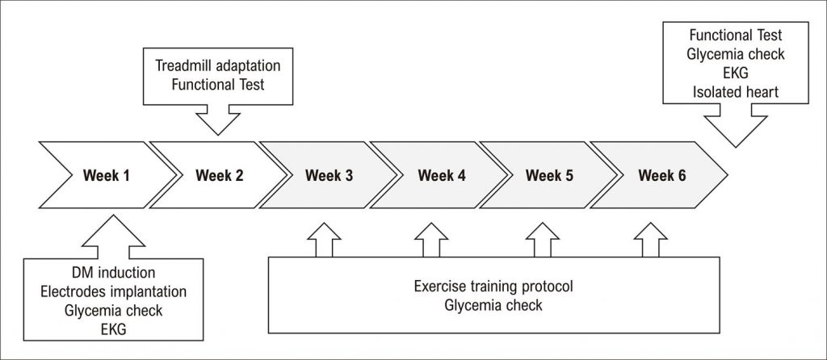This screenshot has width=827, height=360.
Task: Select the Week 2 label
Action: click(220, 175)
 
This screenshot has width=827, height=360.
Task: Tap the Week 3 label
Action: click(330, 175)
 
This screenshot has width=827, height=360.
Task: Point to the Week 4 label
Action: click(442, 175)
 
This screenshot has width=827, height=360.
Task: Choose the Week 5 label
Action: click(549, 175)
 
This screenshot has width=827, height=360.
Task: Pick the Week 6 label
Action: click(662, 175)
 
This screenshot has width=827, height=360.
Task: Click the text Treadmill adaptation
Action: click(218, 66)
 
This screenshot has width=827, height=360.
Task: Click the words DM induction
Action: click(113, 273)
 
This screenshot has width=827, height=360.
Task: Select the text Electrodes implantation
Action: click(113, 291)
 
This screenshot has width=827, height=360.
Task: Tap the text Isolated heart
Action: click(736, 91)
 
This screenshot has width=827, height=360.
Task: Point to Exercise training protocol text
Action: click(493, 287)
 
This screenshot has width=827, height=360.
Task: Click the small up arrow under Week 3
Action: click(324, 241)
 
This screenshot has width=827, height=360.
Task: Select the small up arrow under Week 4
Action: click(431, 241)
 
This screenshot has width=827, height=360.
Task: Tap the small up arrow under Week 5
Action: click(543, 241)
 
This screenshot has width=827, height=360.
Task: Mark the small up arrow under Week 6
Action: click(650, 241)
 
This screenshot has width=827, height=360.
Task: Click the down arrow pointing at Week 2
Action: click(218, 119)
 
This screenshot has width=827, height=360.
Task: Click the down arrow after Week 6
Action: click(736, 125)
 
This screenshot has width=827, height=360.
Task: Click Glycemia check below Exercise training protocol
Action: click(493, 305)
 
